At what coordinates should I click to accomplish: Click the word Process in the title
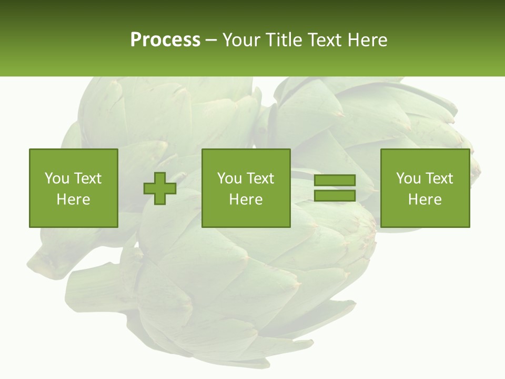pos(165,40)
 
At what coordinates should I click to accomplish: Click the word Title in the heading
pos(282,40)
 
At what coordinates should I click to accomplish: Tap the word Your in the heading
pos(241,40)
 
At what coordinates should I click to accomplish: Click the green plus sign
pos(160,188)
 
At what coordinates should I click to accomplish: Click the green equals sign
pos(335,188)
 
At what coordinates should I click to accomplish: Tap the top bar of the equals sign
pos(335,181)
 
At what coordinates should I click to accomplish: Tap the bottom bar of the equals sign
pos(335,195)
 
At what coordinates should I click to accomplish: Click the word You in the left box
pos(57,178)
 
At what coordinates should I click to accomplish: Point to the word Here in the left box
pos(73,200)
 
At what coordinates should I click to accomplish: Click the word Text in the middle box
pos(260,178)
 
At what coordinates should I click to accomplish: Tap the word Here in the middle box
pos(246,200)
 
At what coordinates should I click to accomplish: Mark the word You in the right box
pos(408,178)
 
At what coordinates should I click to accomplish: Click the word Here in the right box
pos(425,200)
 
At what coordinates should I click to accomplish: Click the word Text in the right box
pos(439,178)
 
